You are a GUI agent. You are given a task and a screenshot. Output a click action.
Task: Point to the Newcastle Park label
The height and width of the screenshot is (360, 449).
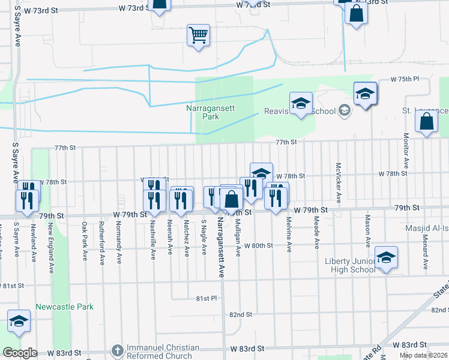pos(65,307)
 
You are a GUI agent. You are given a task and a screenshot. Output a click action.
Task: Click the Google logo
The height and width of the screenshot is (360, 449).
pos(20,353)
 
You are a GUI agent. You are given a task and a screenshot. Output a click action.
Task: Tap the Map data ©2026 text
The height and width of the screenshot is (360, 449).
pos(424,355)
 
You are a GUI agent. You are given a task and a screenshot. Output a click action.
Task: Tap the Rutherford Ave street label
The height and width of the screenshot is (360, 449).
pos(102,241)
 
